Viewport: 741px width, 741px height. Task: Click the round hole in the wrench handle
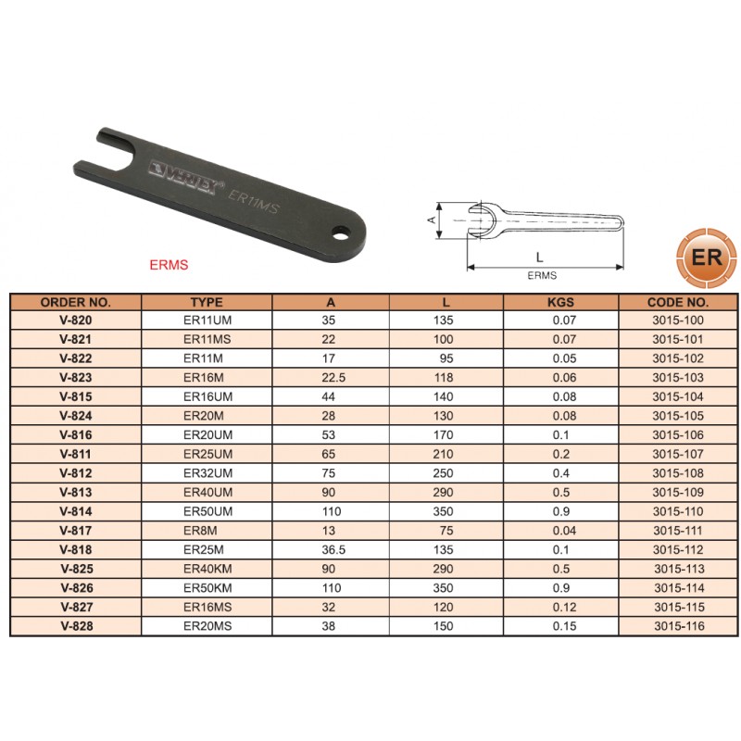pos(339,233)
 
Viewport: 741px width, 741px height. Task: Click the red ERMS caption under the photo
pos(169,265)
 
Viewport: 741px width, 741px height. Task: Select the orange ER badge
pos(707,257)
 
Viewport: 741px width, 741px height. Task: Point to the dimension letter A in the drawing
pos(432,220)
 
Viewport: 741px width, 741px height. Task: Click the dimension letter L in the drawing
pos(540,257)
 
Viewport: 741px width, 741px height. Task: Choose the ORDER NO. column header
pos(76,303)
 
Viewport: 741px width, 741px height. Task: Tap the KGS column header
pos(560,303)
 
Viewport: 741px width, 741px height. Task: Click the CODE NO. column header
pos(678,303)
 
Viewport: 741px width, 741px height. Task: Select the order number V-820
pos(76,320)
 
